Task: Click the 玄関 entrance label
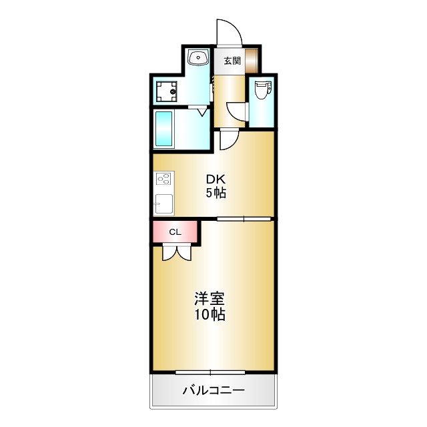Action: tap(232, 61)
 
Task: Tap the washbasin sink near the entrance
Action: tap(198, 59)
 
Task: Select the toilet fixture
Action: tap(262, 89)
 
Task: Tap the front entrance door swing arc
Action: tap(228, 32)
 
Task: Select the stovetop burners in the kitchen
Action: tap(164, 179)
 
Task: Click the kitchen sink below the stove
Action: tap(164, 203)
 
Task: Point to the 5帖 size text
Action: tap(215, 193)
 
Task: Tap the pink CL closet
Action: tap(175, 232)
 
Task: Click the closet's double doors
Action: tap(176, 252)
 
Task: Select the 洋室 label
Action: tap(209, 298)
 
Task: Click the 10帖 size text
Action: tap(209, 314)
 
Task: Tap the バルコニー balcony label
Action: tap(213, 391)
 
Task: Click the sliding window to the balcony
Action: tap(211, 372)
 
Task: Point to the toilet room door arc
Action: tap(236, 111)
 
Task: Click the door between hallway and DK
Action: tap(228, 139)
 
